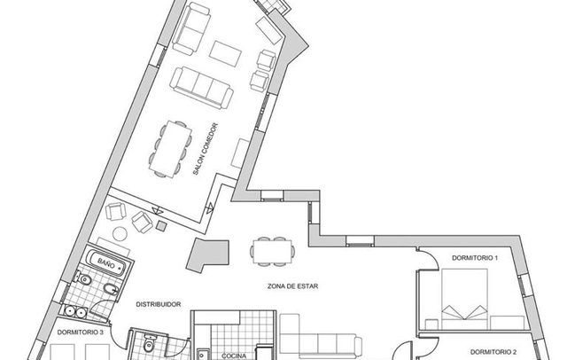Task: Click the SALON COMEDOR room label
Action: tap(206, 149)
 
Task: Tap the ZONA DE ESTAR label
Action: tap(293, 286)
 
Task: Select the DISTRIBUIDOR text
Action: tap(159, 305)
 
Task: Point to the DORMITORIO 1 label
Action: tap(475, 258)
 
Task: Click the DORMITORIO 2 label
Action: tap(493, 352)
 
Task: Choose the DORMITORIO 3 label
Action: tap(80, 333)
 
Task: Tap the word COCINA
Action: tap(234, 356)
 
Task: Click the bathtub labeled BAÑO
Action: tap(107, 263)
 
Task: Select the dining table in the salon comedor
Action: tap(170, 149)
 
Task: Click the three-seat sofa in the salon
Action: tap(201, 88)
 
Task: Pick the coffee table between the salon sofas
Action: tap(225, 53)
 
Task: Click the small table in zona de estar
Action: tap(272, 252)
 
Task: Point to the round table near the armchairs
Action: tap(120, 234)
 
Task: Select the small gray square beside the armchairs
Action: tap(161, 226)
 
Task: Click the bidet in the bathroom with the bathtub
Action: tap(111, 289)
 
